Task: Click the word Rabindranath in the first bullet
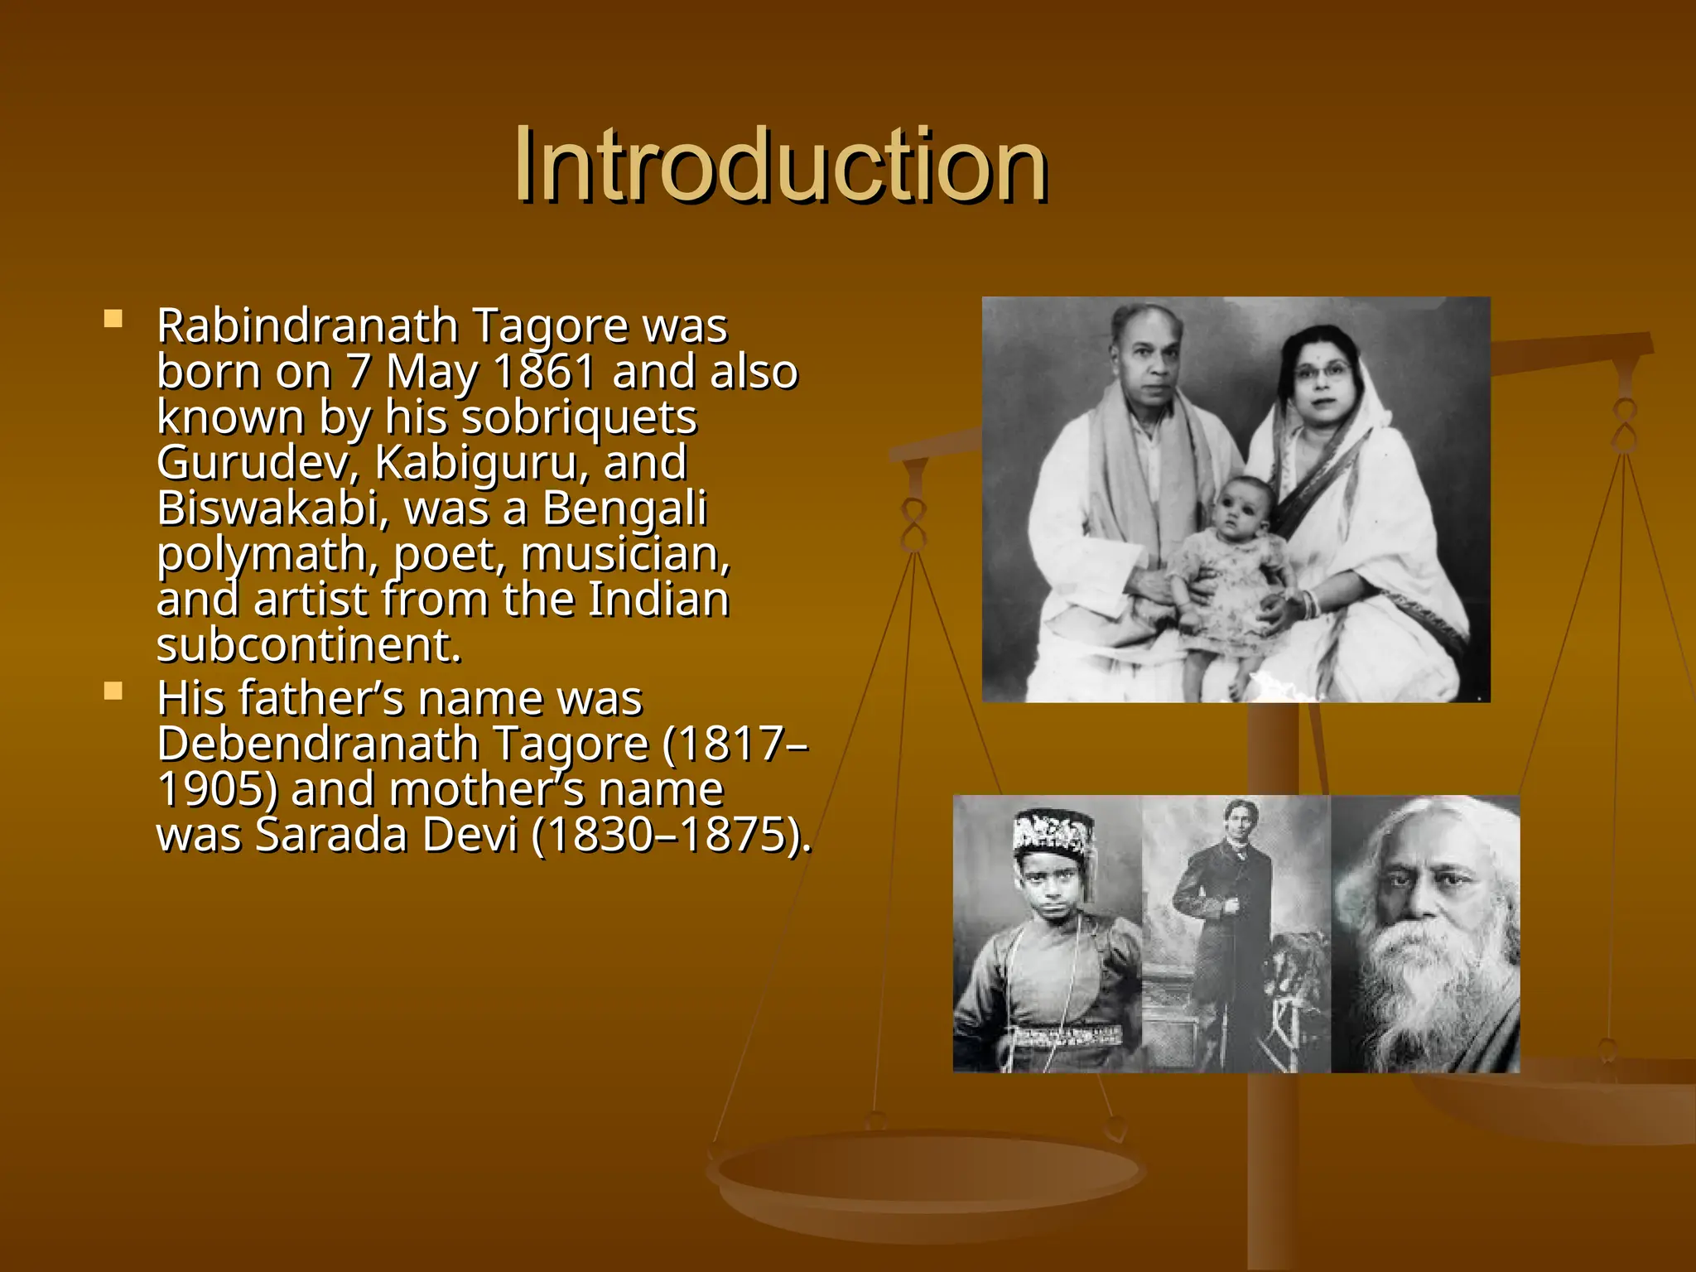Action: pyautogui.click(x=306, y=325)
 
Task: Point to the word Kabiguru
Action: pyautogui.click(x=482, y=463)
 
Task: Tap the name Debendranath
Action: pyautogui.click(x=318, y=744)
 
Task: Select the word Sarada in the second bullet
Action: pyautogui.click(x=331, y=835)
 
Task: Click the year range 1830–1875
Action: pyautogui.click(x=670, y=835)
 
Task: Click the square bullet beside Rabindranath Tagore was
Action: pyautogui.click(x=113, y=319)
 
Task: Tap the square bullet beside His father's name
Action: pyautogui.click(x=113, y=691)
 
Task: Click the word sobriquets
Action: pyautogui.click(x=579, y=417)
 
